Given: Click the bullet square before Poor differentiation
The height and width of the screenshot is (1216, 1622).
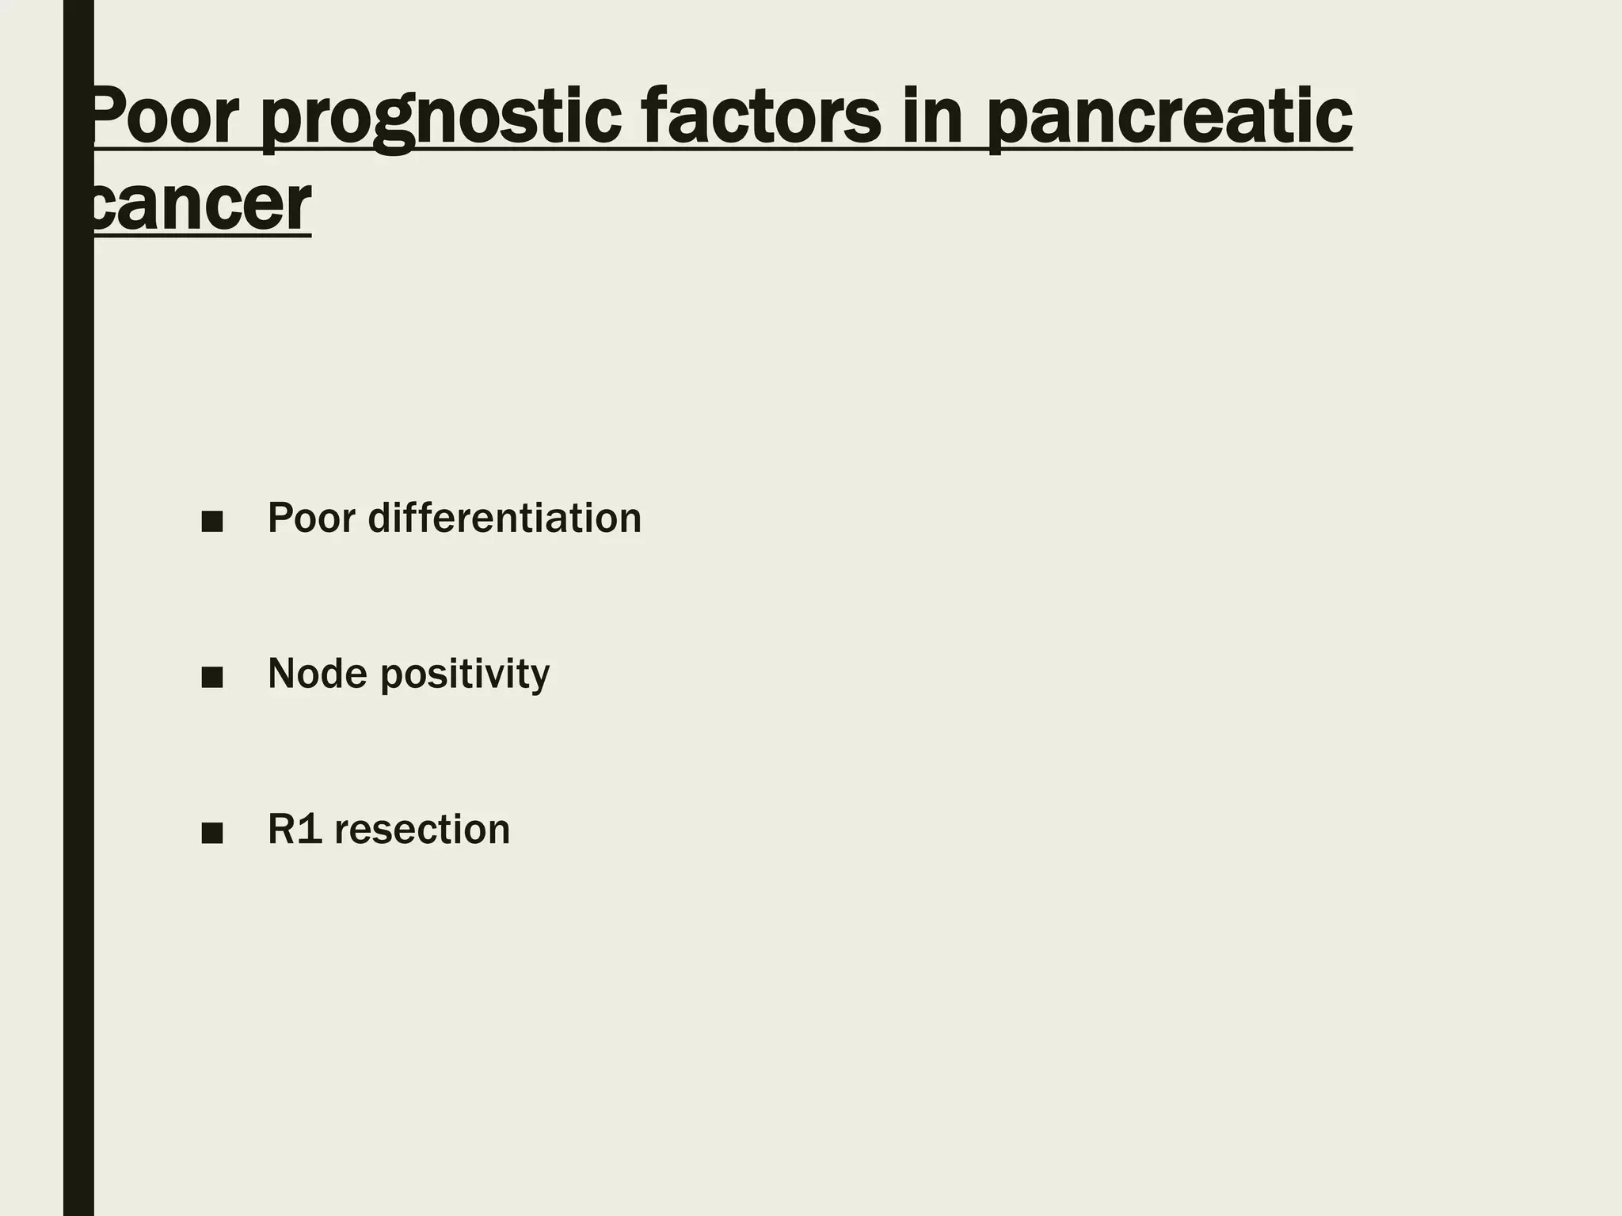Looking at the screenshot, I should click(212, 522).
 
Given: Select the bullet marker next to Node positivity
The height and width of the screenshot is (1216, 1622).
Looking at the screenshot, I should click(212, 678).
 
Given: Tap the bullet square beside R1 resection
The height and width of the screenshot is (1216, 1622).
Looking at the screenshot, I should click(212, 833).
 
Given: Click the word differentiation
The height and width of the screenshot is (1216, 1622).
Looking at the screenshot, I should click(504, 519).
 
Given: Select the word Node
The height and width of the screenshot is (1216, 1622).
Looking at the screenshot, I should click(318, 674).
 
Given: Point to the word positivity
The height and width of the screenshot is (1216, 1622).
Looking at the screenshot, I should click(465, 676).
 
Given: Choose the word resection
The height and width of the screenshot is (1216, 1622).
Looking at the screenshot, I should click(422, 830).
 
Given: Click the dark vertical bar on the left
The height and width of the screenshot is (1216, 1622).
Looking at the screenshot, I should click(78, 633).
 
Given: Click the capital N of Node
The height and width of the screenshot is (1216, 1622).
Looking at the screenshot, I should click(283, 674).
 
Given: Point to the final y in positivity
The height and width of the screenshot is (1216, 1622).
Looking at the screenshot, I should click(540, 679).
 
